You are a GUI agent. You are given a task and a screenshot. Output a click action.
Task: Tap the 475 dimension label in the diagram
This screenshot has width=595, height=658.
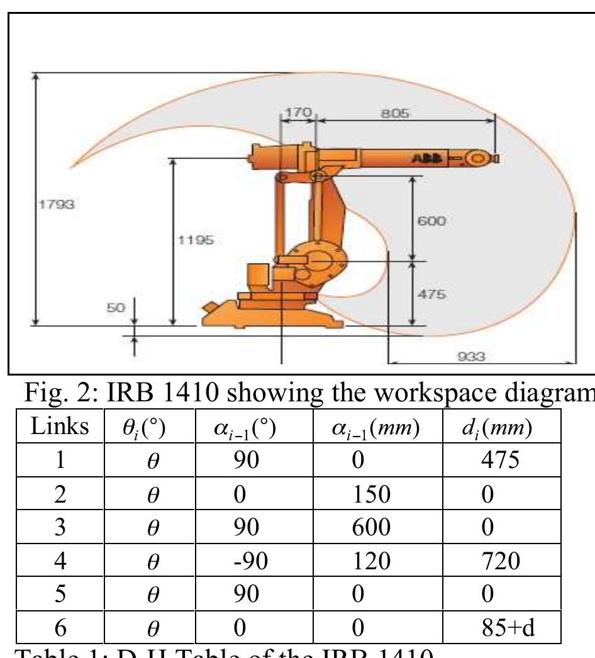[431, 294]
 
